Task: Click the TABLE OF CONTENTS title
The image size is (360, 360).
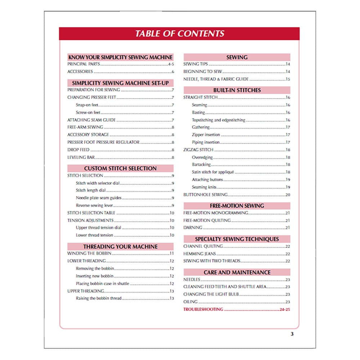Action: click(x=180, y=33)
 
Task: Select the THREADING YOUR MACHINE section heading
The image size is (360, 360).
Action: click(x=121, y=247)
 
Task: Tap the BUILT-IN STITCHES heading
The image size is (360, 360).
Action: click(x=237, y=90)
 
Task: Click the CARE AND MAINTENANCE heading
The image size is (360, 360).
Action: click(x=237, y=272)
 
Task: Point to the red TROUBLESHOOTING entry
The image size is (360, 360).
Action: click(x=203, y=310)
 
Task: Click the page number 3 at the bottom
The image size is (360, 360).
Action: click(x=292, y=334)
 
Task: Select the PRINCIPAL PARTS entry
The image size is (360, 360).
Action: click(x=84, y=64)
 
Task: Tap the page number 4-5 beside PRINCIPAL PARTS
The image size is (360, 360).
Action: click(x=171, y=64)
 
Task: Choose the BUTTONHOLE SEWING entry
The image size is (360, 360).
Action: click(x=206, y=195)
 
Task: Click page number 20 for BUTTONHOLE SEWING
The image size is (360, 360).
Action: click(x=288, y=195)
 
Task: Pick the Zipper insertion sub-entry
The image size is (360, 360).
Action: click(x=206, y=135)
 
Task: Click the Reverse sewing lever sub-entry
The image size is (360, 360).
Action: click(x=94, y=206)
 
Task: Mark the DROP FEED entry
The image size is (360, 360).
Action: click(x=78, y=150)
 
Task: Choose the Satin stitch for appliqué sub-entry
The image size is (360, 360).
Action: click(x=213, y=172)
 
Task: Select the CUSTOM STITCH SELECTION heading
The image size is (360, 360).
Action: click(x=121, y=168)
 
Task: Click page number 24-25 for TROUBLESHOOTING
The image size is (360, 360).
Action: click(x=285, y=310)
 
